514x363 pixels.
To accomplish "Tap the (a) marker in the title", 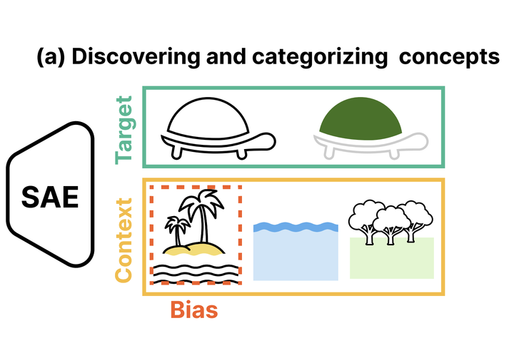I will [x=51, y=58].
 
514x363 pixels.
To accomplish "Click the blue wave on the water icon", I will [x=296, y=227].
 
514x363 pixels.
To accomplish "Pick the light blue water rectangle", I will [x=296, y=257].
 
